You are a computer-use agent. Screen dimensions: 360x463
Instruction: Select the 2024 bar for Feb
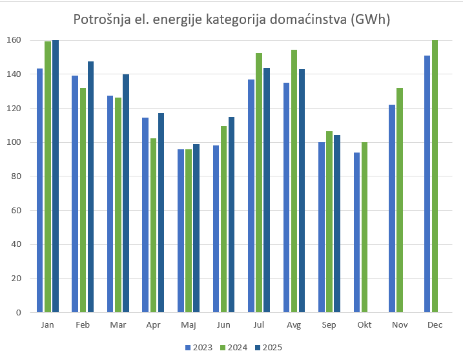click(83, 200)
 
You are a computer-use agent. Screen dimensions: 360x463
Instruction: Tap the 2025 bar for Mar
click(126, 193)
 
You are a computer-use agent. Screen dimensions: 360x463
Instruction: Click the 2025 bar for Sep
click(337, 224)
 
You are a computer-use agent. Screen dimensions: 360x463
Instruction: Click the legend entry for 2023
click(198, 347)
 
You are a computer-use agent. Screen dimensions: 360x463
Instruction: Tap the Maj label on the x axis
click(189, 324)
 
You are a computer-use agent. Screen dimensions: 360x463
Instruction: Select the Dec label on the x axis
click(435, 324)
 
